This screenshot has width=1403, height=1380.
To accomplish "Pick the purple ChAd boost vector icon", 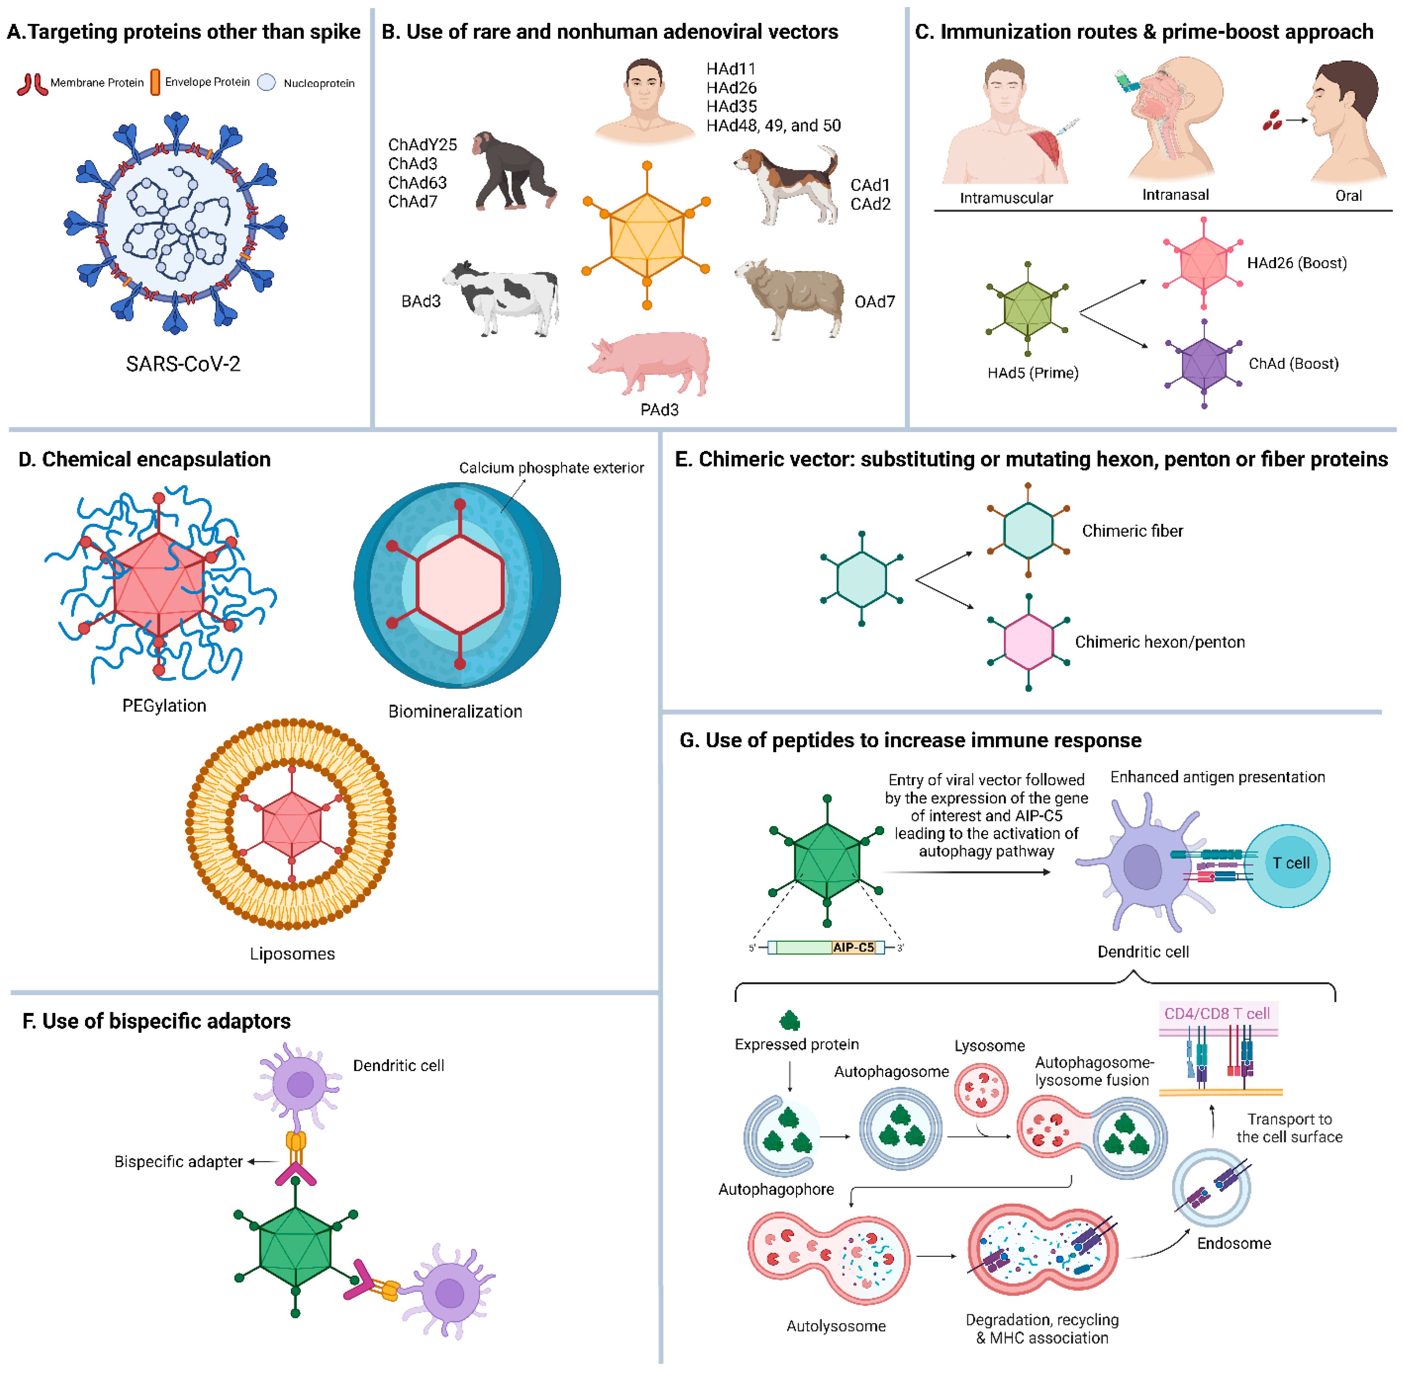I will pyautogui.click(x=1203, y=363).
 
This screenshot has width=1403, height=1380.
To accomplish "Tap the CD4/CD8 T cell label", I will pyautogui.click(x=1217, y=1013).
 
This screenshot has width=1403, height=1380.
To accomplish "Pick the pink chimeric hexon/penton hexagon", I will pyautogui.click(x=1028, y=642).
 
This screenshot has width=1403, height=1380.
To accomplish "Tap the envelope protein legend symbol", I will pyautogui.click(x=155, y=82).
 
